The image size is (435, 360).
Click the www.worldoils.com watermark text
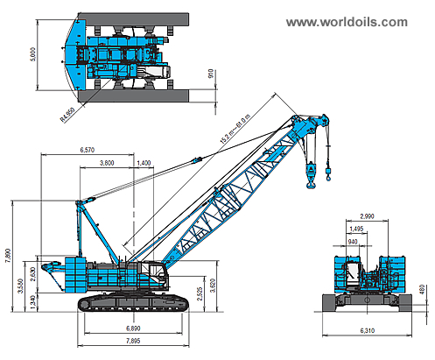click(347, 21)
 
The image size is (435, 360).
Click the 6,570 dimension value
click(87, 150)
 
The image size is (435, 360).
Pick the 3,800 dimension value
click(108, 163)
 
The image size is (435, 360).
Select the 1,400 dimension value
click(144, 163)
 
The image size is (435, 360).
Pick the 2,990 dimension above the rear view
click(368, 215)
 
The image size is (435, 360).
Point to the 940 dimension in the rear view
click(351, 241)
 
